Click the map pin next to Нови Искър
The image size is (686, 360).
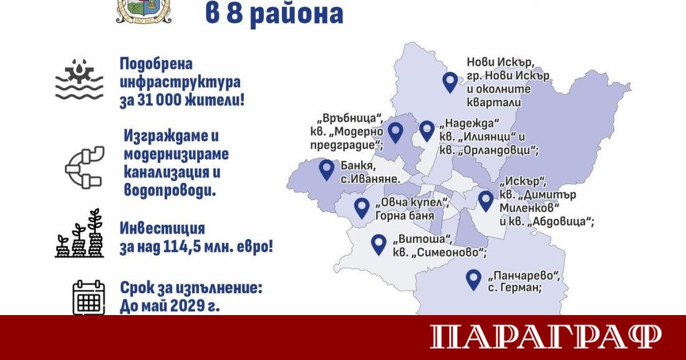point(449,82)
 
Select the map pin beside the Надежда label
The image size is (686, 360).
point(427,130)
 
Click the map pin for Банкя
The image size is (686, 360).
point(326,169)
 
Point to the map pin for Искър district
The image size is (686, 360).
point(486,200)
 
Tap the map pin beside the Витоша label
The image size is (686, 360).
point(379,244)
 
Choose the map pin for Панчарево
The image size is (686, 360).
point(475,279)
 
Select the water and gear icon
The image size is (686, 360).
point(79,80)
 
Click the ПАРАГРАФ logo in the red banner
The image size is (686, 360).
point(545,337)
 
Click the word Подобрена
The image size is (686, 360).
point(156,64)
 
